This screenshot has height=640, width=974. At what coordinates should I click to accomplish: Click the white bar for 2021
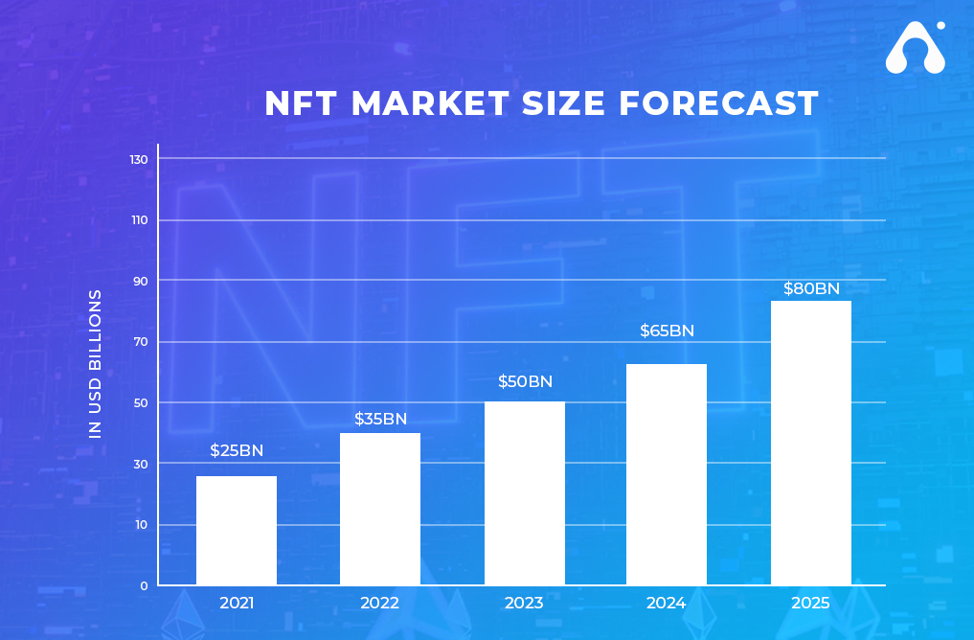pyautogui.click(x=237, y=530)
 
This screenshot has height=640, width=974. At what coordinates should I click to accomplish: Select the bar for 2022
pyautogui.click(x=380, y=509)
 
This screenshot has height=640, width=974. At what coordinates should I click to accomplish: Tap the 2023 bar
pyautogui.click(x=525, y=492)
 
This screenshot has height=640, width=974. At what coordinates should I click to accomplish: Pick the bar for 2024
pyautogui.click(x=667, y=474)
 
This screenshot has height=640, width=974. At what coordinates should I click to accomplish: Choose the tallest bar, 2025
pyautogui.click(x=811, y=443)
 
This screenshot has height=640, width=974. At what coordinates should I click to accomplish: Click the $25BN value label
pyautogui.click(x=237, y=450)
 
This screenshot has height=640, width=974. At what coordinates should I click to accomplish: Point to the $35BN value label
pyautogui.click(x=381, y=419)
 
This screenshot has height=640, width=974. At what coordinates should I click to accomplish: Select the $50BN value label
pyautogui.click(x=526, y=381)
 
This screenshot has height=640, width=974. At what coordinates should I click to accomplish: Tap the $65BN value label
pyautogui.click(x=668, y=331)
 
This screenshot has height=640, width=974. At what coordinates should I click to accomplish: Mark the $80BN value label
pyautogui.click(x=811, y=288)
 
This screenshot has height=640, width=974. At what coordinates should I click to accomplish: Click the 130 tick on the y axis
pyautogui.click(x=139, y=160)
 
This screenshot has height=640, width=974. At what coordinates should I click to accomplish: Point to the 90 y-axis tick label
pyautogui.click(x=141, y=281)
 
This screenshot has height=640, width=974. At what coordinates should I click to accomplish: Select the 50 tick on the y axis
pyautogui.click(x=141, y=402)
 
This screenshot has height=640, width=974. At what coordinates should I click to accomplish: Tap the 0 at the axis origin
pyautogui.click(x=144, y=585)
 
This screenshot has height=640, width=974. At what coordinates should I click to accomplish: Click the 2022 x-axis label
pyautogui.click(x=379, y=603)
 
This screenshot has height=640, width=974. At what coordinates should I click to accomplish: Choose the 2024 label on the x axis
pyautogui.click(x=666, y=603)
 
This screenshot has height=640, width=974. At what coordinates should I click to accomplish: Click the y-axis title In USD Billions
pyautogui.click(x=95, y=364)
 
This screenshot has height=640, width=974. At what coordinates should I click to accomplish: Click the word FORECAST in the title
pyautogui.click(x=718, y=103)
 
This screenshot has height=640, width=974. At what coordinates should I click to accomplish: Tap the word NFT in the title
pyautogui.click(x=301, y=103)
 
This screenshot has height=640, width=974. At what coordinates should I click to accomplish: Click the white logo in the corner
pyautogui.click(x=916, y=48)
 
